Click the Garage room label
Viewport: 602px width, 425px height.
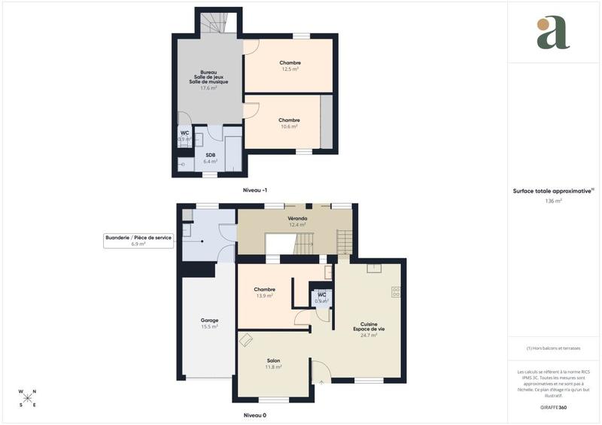209,323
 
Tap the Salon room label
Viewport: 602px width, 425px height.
273,363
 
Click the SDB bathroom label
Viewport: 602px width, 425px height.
211,158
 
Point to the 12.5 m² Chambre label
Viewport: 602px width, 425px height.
290,65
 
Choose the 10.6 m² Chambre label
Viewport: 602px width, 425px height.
289,123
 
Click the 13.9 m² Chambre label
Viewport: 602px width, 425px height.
264,293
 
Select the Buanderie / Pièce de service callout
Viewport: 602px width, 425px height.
138,241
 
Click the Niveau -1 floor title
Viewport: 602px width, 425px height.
255,190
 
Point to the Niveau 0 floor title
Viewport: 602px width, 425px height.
255,415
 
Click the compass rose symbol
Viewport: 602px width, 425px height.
28,398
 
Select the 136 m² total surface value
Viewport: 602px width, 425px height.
554,201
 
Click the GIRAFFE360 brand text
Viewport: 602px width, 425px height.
554,406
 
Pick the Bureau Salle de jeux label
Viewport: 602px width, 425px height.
208,80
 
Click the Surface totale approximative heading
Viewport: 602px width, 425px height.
553,191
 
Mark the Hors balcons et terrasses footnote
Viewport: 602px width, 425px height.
554,348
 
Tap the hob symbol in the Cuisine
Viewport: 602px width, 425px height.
396,292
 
